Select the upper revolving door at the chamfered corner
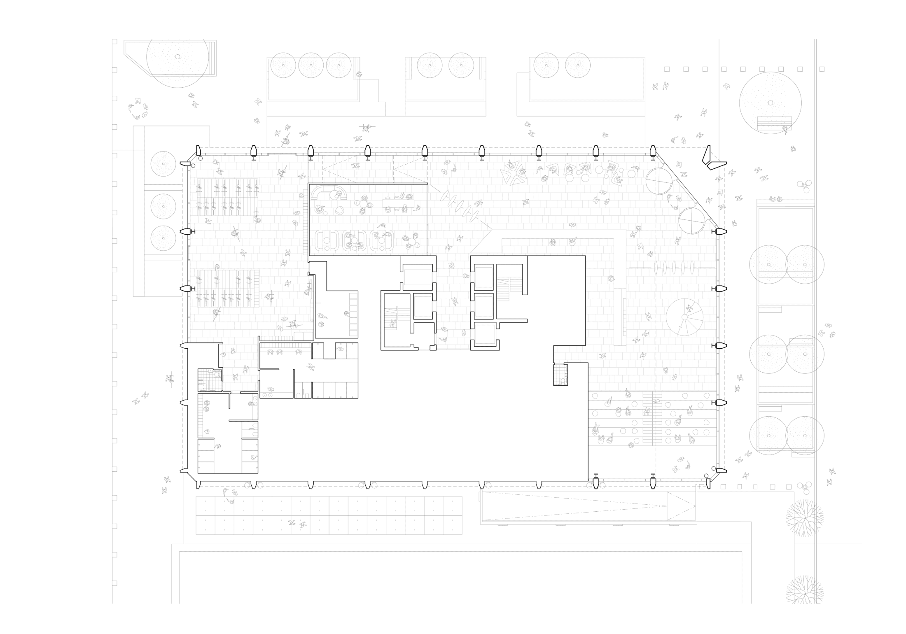pos(658,181)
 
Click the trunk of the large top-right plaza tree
pos(770,103)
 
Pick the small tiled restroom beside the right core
pos(560,375)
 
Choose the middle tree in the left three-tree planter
pos(163,206)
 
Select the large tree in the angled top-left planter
pos(177,57)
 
